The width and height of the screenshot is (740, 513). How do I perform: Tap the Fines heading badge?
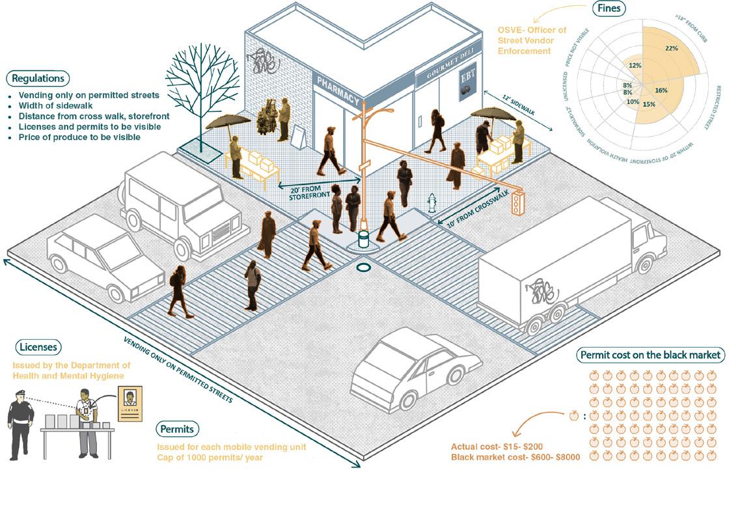[x=608, y=8]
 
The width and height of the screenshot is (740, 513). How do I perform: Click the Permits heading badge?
[x=177, y=430]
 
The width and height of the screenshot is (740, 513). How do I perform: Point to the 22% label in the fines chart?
[x=672, y=48]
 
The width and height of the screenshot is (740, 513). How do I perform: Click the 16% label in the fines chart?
[x=661, y=90]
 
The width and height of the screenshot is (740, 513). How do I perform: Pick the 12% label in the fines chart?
[x=635, y=65]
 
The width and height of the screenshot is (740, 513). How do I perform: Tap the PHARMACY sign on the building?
[x=338, y=92]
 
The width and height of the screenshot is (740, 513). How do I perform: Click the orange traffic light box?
[x=518, y=202]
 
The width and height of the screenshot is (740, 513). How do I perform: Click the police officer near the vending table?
[x=21, y=420]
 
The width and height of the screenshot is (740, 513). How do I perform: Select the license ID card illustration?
[x=131, y=404]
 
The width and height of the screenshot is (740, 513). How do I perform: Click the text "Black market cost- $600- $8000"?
[x=515, y=457]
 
